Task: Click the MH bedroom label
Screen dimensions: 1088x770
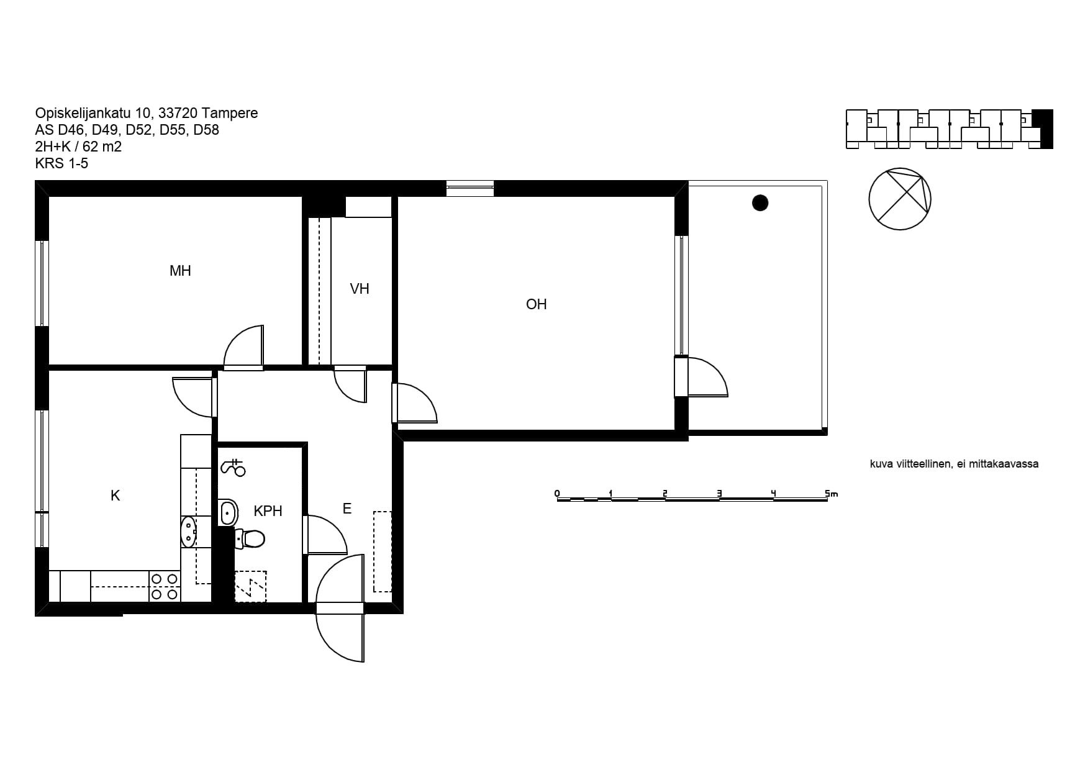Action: point(180,271)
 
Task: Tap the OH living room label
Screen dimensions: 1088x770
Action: point(536,304)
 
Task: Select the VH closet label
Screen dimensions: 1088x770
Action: point(360,289)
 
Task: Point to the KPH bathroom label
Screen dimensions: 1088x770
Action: point(268,511)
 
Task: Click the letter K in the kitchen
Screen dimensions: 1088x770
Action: point(115,496)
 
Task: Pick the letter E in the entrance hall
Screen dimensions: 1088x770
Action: point(347,509)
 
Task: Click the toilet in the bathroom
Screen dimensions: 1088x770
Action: point(250,538)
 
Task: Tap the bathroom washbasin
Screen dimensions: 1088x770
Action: point(229,514)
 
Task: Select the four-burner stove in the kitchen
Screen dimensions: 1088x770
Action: point(165,587)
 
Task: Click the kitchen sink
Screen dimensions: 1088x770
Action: point(188,532)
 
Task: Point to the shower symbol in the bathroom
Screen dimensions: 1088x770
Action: point(233,467)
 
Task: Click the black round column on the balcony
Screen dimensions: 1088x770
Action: point(760,202)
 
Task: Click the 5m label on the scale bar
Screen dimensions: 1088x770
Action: point(832,494)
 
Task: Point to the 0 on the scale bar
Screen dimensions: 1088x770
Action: point(557,494)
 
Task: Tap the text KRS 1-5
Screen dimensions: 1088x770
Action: point(62,163)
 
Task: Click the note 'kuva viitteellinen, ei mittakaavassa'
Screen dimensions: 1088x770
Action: point(954,464)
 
